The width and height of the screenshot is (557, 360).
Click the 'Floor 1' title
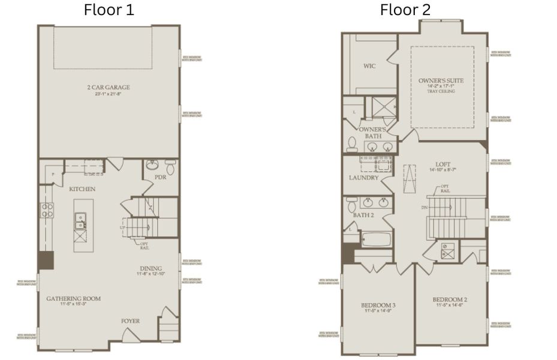[x=109, y=10]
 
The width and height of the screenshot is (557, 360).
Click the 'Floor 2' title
[x=405, y=10]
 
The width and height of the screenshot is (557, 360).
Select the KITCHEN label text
[x=82, y=189]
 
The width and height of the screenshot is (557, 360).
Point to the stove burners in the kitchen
[x=47, y=210]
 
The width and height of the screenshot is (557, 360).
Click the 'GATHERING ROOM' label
[x=74, y=298]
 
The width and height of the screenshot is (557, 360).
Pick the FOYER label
[x=130, y=321]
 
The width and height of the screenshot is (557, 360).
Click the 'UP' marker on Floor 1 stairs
[x=124, y=228]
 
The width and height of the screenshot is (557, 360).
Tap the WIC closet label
[x=370, y=66]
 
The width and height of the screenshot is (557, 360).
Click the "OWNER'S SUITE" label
[x=441, y=80]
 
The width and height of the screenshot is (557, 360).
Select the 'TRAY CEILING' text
[x=441, y=91]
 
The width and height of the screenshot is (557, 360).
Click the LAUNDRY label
[x=364, y=178]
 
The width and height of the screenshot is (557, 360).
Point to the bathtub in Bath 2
[x=377, y=239]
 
